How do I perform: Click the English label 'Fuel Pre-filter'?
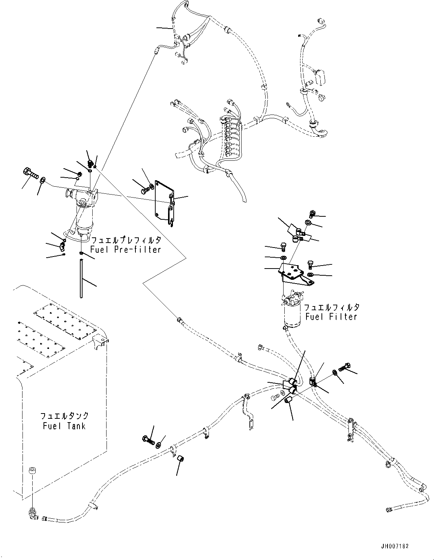125,250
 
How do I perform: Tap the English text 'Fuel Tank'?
64,426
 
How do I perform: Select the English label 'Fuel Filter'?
331,317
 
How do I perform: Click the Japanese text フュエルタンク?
64,416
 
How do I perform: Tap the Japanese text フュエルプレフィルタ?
126,240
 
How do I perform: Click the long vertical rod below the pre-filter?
81,279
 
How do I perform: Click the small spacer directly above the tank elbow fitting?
32,470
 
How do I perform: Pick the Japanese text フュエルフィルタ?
332,307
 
